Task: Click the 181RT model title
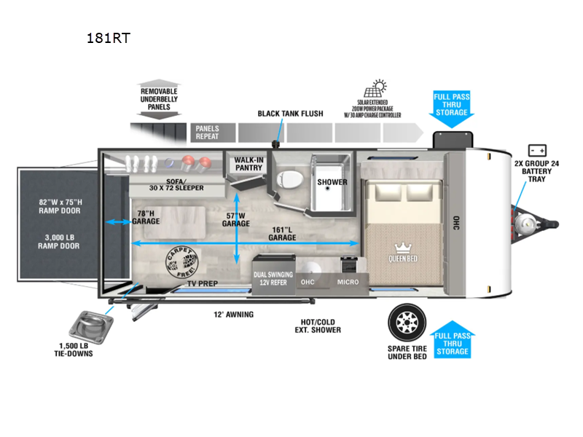[x=108, y=38]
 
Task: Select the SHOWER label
[x=332, y=181]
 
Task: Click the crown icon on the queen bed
[x=402, y=248]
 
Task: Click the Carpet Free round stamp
[x=182, y=264]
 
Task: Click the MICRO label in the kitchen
[x=348, y=282]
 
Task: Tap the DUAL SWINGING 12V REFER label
[x=273, y=278]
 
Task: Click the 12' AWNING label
[x=234, y=315]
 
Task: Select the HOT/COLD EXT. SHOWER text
[x=321, y=325]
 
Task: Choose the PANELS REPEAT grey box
[x=214, y=133]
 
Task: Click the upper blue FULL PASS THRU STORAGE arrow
[x=452, y=109]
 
